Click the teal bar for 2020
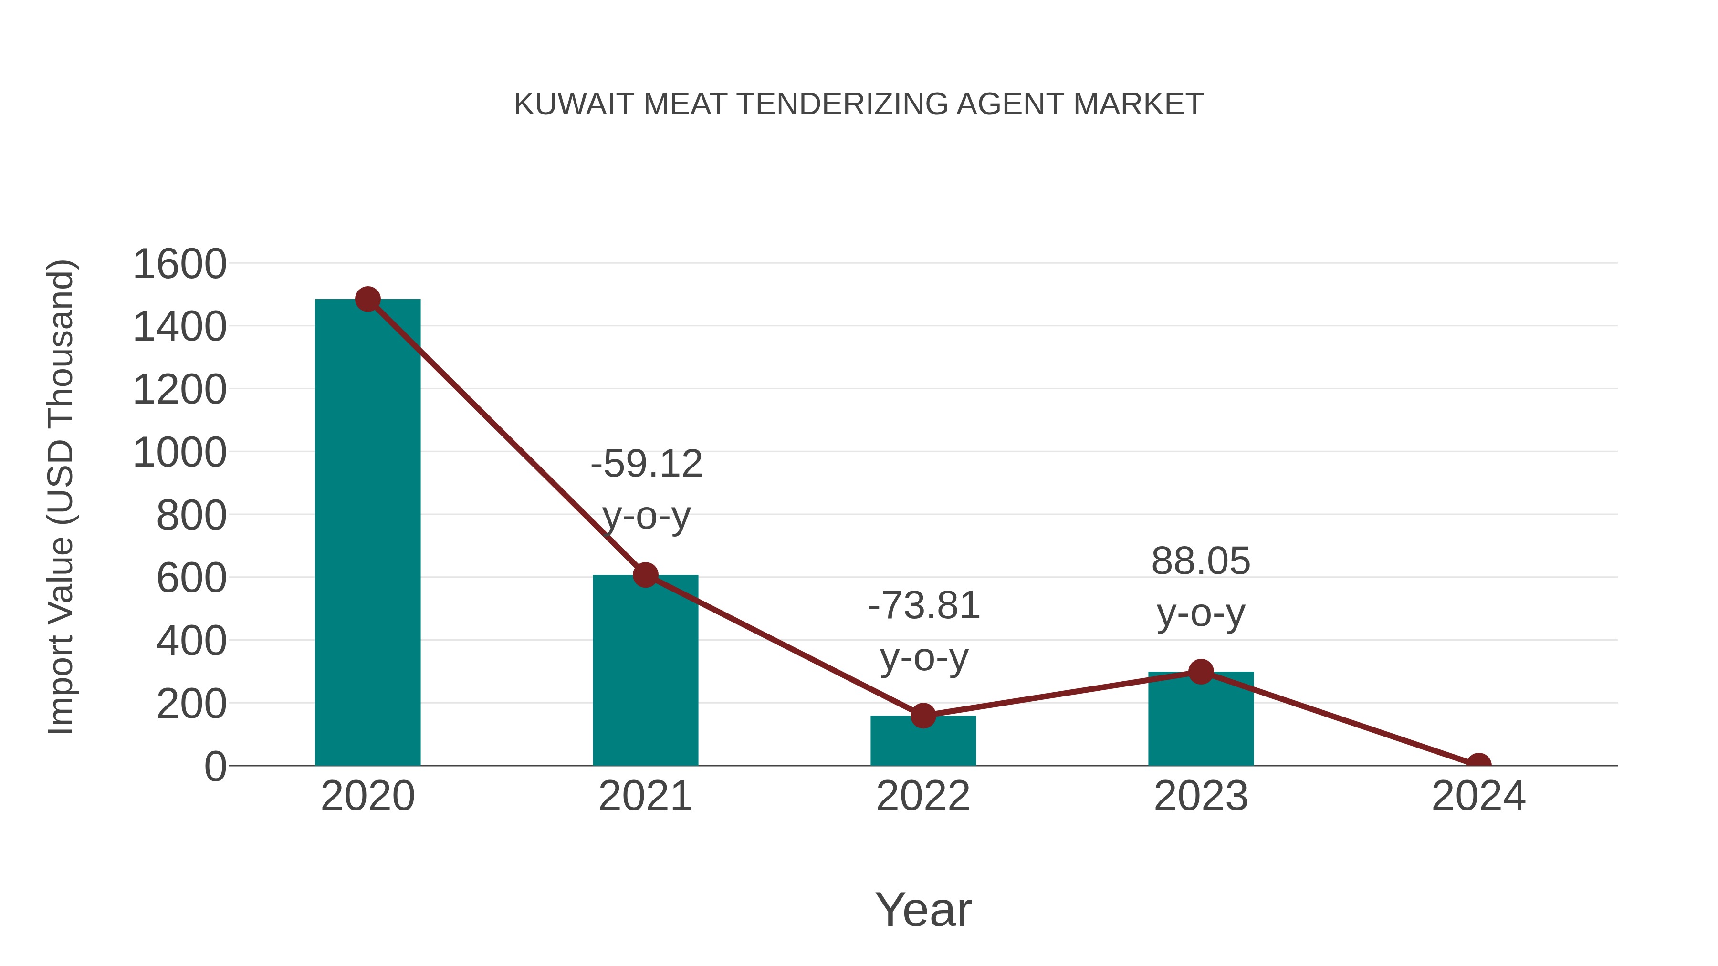[367, 533]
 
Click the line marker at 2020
[367, 299]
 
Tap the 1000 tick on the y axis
[179, 453]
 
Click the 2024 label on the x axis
[1478, 796]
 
